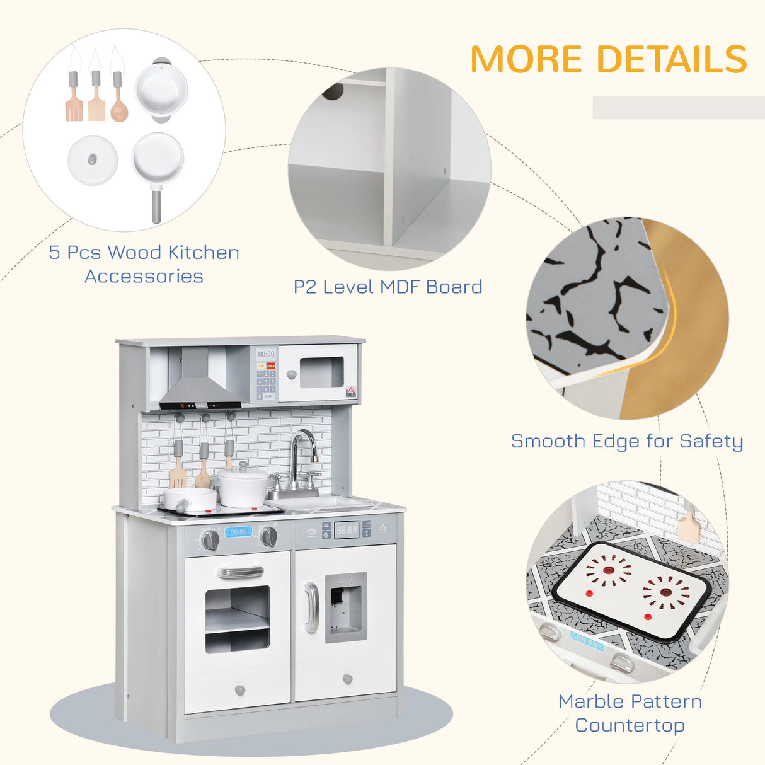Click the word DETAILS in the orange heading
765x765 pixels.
[x=672, y=59]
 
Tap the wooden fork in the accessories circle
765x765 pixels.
[x=74, y=104]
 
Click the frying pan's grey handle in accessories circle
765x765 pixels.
[x=156, y=205]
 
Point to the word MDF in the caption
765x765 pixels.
[x=400, y=287]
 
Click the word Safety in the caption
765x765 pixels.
[x=711, y=442]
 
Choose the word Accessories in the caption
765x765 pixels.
[x=144, y=277]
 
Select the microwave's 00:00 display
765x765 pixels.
[x=266, y=355]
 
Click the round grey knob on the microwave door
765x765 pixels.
[x=291, y=375]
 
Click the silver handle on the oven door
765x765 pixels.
[x=240, y=572]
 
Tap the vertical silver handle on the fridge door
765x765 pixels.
[x=311, y=607]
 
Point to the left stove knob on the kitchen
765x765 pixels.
[x=210, y=539]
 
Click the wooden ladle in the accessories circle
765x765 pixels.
[x=118, y=104]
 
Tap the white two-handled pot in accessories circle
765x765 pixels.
[x=161, y=89]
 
